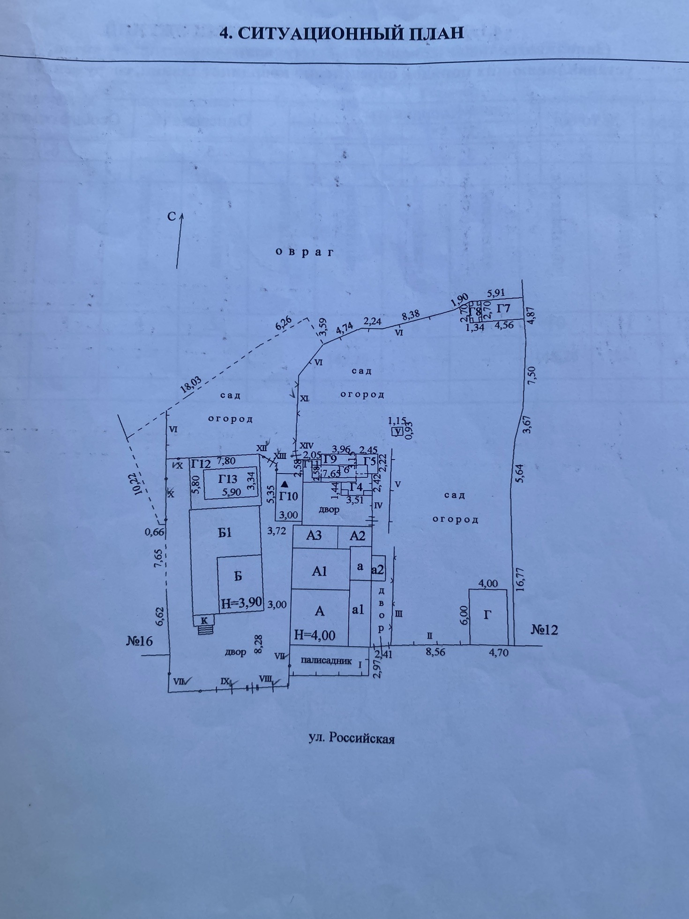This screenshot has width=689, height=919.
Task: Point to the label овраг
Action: pyautogui.click(x=305, y=252)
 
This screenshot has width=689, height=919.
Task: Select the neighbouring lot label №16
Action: pyautogui.click(x=139, y=640)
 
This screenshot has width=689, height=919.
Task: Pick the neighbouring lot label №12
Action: pyautogui.click(x=544, y=629)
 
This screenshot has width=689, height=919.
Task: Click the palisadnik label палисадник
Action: pyautogui.click(x=326, y=661)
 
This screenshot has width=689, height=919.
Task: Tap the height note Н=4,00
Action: pyautogui.click(x=315, y=635)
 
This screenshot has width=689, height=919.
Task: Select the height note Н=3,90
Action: pyautogui.click(x=241, y=603)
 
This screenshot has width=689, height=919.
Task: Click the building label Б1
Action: pyautogui.click(x=225, y=533)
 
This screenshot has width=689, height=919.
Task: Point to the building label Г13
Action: pyautogui.click(x=228, y=479)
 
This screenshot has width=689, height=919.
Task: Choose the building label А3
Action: pyautogui.click(x=314, y=535)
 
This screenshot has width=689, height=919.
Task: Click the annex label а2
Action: pyautogui.click(x=378, y=570)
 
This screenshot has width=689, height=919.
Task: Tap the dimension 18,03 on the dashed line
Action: pyautogui.click(x=191, y=386)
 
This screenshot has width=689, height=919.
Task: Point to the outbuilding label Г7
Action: pyautogui.click(x=503, y=309)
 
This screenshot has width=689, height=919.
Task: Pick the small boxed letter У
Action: pyautogui.click(x=397, y=432)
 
